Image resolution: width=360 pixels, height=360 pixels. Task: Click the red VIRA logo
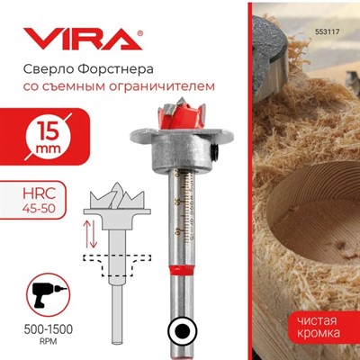coord(82,39)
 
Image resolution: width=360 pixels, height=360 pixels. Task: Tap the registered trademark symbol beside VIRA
coord(140,31)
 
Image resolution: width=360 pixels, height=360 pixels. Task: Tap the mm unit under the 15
coord(49,148)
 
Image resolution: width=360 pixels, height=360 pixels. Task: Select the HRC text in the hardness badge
coord(39,194)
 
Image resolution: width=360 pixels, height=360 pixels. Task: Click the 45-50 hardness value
coord(39,208)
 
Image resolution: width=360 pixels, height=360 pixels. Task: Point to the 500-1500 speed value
coord(49,329)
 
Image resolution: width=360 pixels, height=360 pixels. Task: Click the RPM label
coord(48,341)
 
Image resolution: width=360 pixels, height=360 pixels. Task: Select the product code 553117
coord(327,31)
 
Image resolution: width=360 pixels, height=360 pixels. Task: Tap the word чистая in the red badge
coord(317,321)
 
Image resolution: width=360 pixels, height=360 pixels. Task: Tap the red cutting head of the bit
coord(181,114)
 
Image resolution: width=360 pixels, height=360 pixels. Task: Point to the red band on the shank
coord(180,269)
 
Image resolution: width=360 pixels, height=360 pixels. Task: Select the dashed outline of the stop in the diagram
coord(117,265)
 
